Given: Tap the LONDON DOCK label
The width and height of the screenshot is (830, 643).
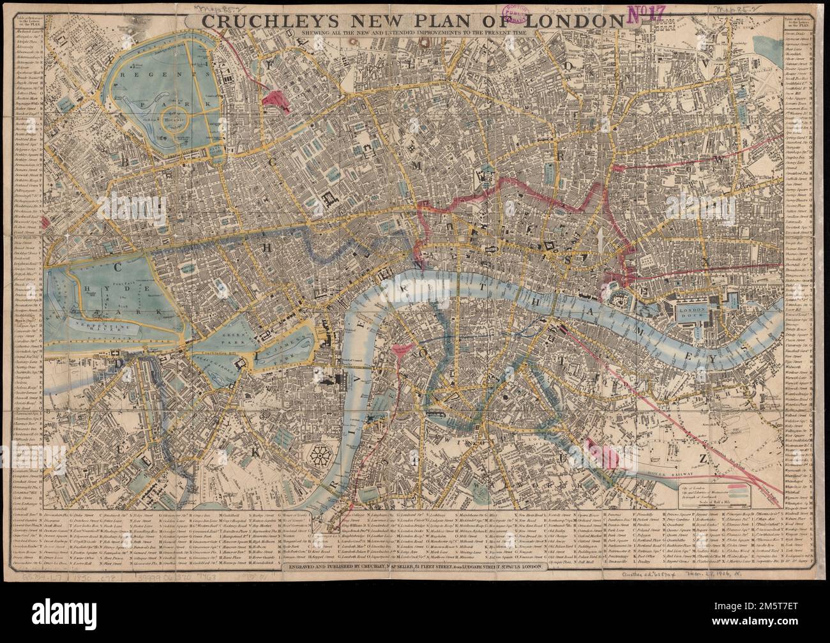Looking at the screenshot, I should pos(691,310).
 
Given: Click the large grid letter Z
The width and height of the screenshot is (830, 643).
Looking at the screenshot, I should pos(702,459).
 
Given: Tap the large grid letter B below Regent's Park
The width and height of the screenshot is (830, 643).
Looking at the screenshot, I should pos(126,162).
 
